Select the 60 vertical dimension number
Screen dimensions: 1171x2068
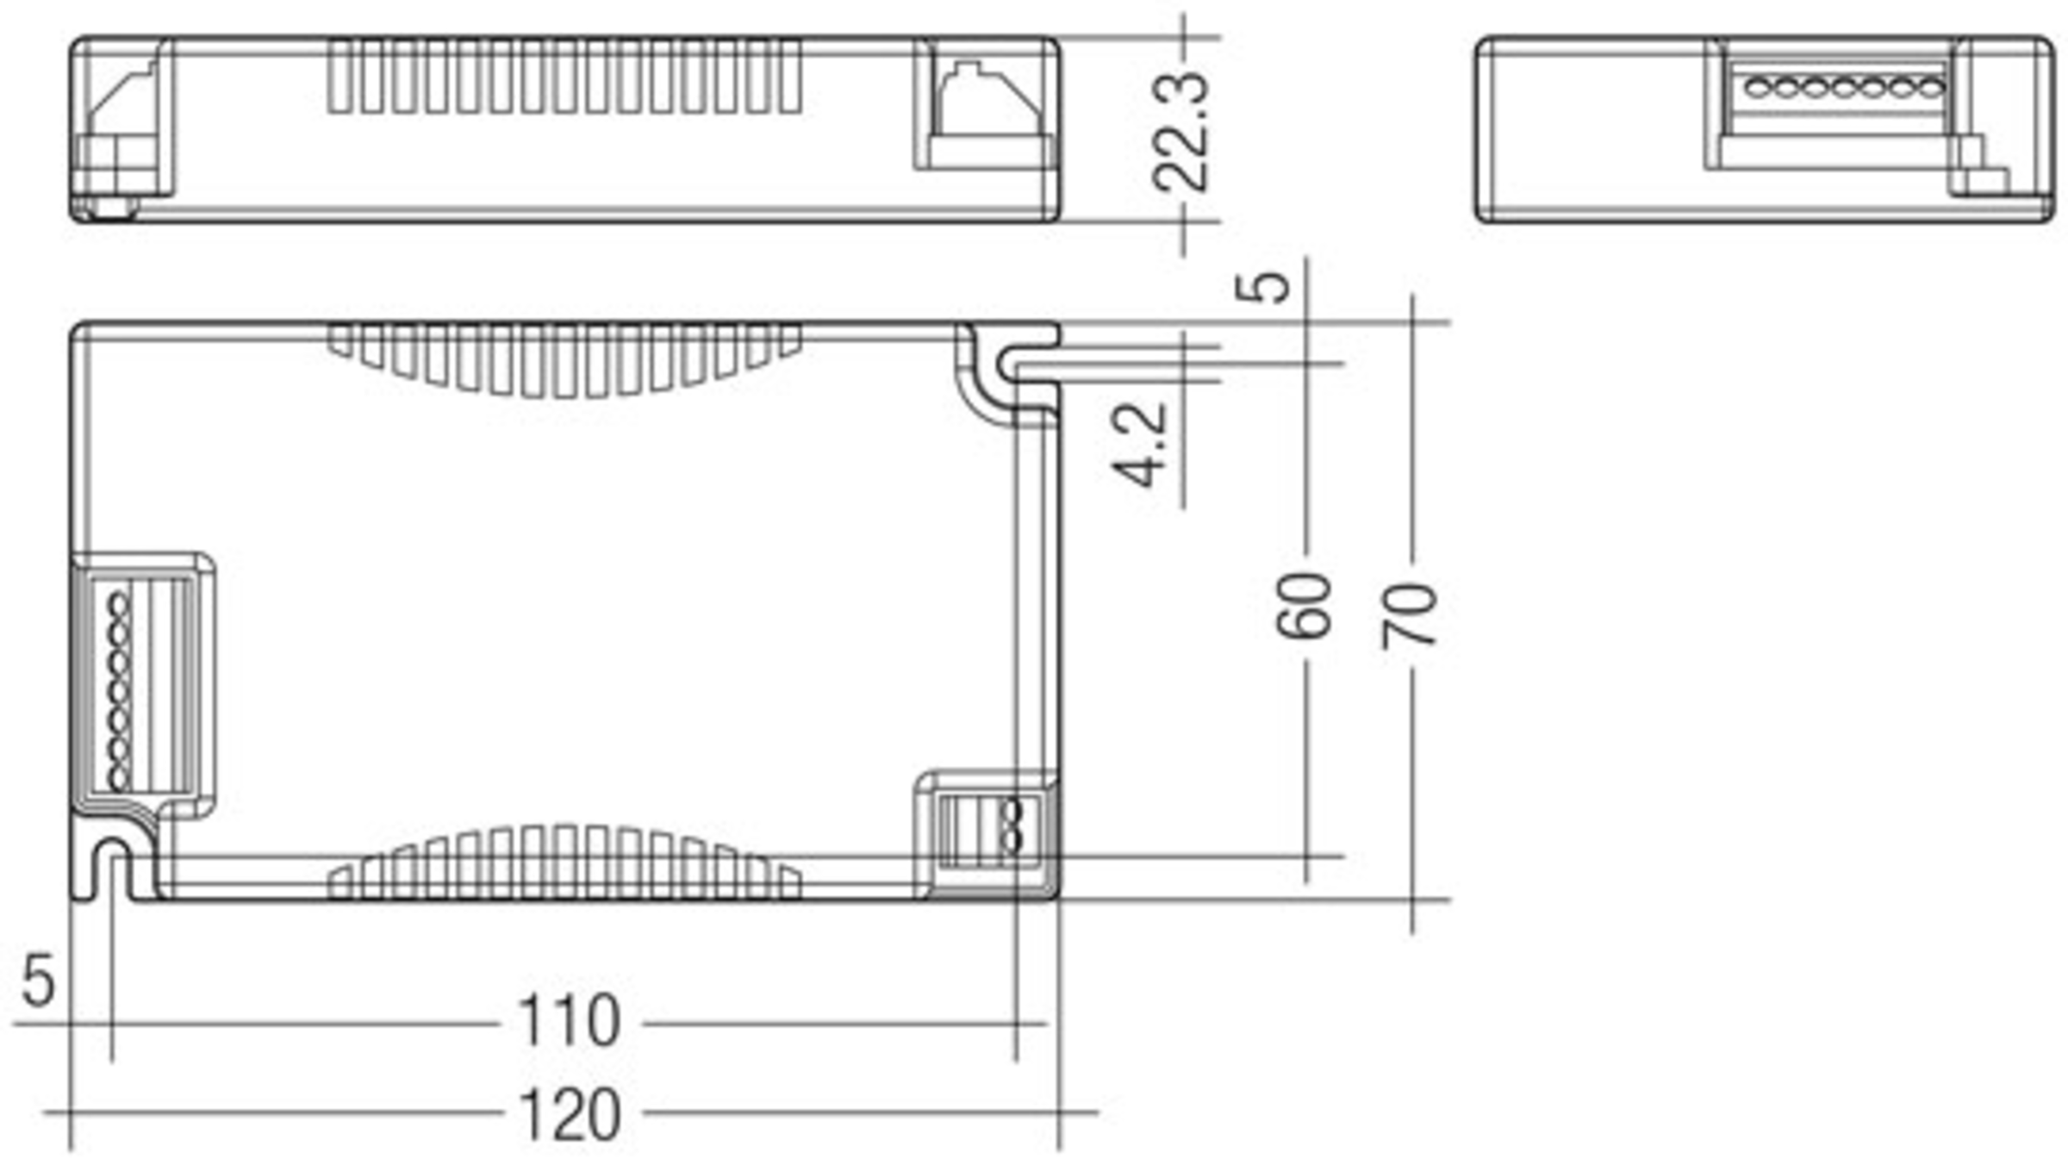[1304, 607]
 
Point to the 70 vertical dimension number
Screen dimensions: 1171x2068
[1411, 614]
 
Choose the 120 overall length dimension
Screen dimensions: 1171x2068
[569, 1115]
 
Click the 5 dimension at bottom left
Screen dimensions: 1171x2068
[38, 980]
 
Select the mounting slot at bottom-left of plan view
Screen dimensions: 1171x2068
[112, 866]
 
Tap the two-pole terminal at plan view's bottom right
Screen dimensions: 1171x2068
[991, 832]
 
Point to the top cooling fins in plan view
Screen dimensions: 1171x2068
[564, 360]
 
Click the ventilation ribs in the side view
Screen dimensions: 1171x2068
[564, 76]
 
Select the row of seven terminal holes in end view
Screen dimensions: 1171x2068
[1844, 87]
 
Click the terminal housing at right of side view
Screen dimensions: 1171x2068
[987, 108]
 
